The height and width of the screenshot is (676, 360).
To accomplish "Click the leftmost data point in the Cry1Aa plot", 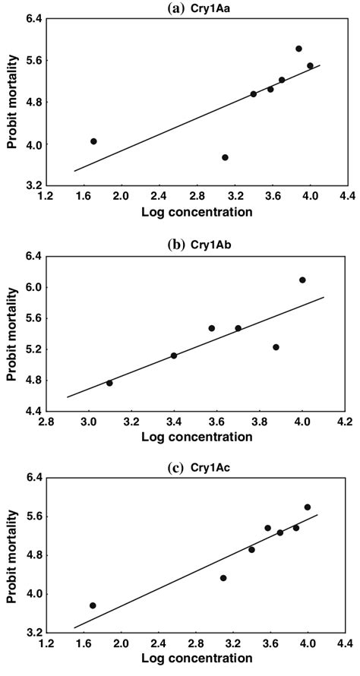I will click(x=93, y=141).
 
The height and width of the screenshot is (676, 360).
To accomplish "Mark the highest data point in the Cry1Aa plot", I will click(x=298, y=49).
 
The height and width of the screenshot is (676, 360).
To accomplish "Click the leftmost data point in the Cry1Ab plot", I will click(x=109, y=383).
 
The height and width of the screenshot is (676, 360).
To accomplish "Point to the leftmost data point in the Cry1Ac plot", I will click(x=93, y=605).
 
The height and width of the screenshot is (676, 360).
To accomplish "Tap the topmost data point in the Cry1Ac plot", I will click(x=308, y=507).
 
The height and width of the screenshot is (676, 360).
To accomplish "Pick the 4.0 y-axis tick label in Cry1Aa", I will click(x=30, y=144).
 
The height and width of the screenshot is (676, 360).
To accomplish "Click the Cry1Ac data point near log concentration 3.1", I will click(x=223, y=578).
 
